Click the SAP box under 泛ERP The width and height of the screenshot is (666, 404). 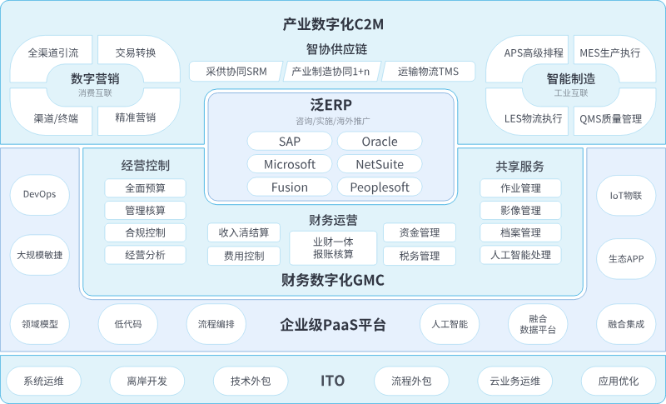click(x=290, y=141)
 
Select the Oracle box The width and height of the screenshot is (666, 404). click(x=379, y=141)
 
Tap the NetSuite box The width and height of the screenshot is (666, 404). click(x=379, y=164)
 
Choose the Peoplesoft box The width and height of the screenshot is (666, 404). click(x=379, y=187)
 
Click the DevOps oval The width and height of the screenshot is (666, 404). click(x=40, y=194)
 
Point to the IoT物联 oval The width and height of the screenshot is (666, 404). click(x=626, y=194)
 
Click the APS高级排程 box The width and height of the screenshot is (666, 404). click(x=534, y=52)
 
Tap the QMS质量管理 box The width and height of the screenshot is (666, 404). click(x=610, y=118)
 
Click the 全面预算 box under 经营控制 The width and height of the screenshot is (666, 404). click(x=145, y=188)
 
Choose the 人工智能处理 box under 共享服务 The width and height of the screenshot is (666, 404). click(x=520, y=255)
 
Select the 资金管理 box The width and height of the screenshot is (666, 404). click(x=420, y=232)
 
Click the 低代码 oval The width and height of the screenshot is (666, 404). click(x=127, y=324)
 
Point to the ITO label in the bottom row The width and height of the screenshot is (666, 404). click(x=332, y=381)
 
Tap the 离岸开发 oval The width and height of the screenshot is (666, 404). click(x=147, y=381)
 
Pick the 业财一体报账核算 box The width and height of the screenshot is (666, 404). click(x=333, y=247)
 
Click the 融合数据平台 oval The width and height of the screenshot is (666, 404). click(x=538, y=324)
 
